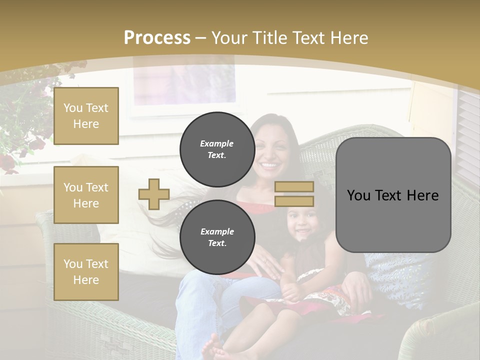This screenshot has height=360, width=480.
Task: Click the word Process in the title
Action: point(157,38)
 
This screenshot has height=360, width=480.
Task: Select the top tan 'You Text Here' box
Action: point(86,116)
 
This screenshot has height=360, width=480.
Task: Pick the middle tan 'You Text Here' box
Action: point(86,195)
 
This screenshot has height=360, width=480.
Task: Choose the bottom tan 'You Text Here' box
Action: point(86,272)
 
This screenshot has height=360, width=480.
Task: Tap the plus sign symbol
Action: point(154,194)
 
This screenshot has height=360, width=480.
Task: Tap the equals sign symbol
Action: point(294,194)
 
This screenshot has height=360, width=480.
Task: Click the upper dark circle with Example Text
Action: point(217,149)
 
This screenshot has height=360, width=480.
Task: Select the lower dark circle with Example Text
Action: point(217,237)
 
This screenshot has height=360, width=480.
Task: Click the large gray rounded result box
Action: point(393,195)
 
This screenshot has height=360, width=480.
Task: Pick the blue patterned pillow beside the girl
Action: point(400,277)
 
